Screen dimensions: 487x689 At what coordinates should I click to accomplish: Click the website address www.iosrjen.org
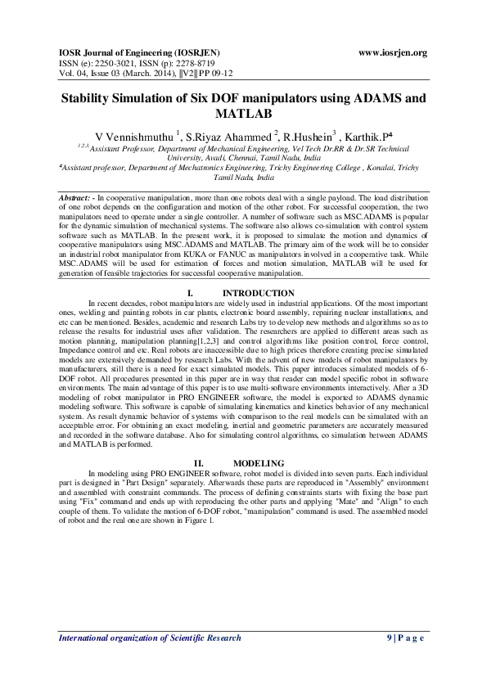393,53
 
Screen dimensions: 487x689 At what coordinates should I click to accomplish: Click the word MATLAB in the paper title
243,115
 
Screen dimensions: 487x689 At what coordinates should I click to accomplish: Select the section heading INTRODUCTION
259,293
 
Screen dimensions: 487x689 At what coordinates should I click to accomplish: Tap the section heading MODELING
258,463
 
